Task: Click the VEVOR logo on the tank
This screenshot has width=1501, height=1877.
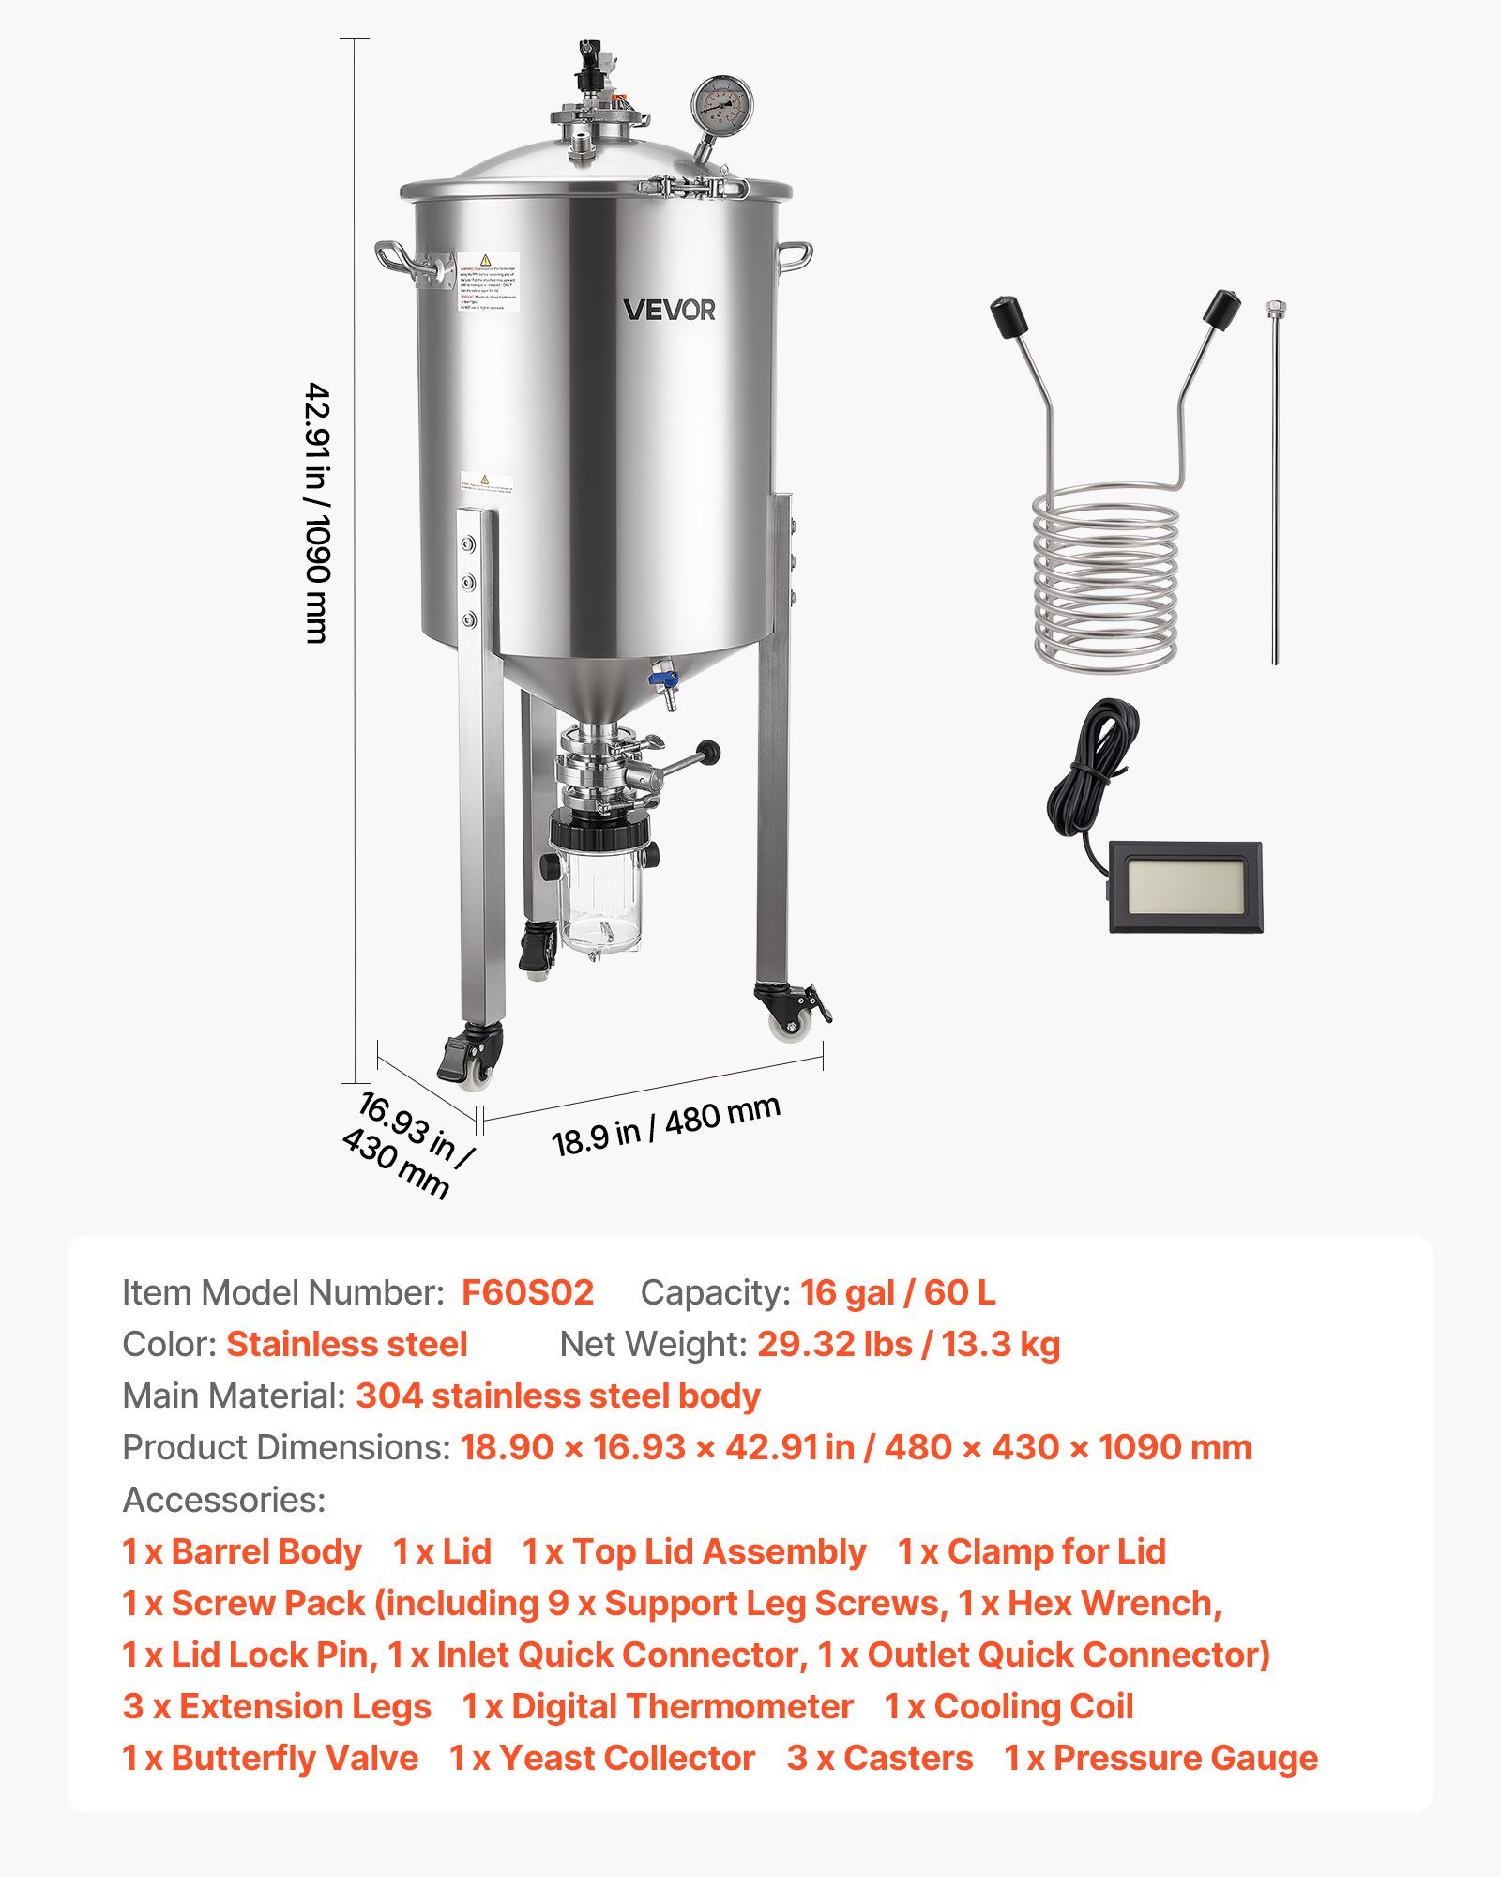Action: coord(669,310)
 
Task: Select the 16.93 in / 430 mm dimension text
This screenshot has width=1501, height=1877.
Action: coord(406,1146)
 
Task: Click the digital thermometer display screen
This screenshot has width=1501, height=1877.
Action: coord(1185,887)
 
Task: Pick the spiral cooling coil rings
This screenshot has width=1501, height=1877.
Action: coord(1105,582)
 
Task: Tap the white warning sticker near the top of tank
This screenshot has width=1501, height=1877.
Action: coord(488,282)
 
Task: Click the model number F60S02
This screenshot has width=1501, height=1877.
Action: coord(527,1292)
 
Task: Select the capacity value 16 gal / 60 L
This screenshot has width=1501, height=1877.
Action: coord(898,1292)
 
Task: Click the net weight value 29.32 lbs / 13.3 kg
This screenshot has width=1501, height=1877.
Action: coord(908,1344)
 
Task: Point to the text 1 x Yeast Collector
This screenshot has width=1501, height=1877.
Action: coord(601,1758)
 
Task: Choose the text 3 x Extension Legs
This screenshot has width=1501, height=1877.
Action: coord(277,1706)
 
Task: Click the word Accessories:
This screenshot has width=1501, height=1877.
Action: coord(224,1500)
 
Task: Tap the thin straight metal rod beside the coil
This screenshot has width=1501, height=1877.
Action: coord(1275,488)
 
